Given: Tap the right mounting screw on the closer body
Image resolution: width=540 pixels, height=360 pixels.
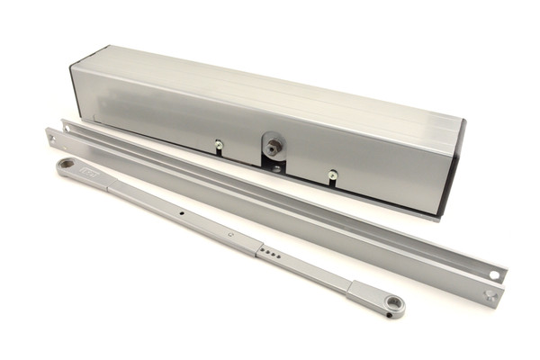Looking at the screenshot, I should [x=333, y=175].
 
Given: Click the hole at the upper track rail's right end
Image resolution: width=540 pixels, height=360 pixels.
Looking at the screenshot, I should [x=493, y=274].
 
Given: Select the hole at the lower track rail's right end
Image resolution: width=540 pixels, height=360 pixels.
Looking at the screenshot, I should [x=490, y=294].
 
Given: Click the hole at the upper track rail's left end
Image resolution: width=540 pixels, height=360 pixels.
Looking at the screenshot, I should [x=66, y=128].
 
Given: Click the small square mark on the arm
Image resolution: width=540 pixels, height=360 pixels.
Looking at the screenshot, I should [x=229, y=237].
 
